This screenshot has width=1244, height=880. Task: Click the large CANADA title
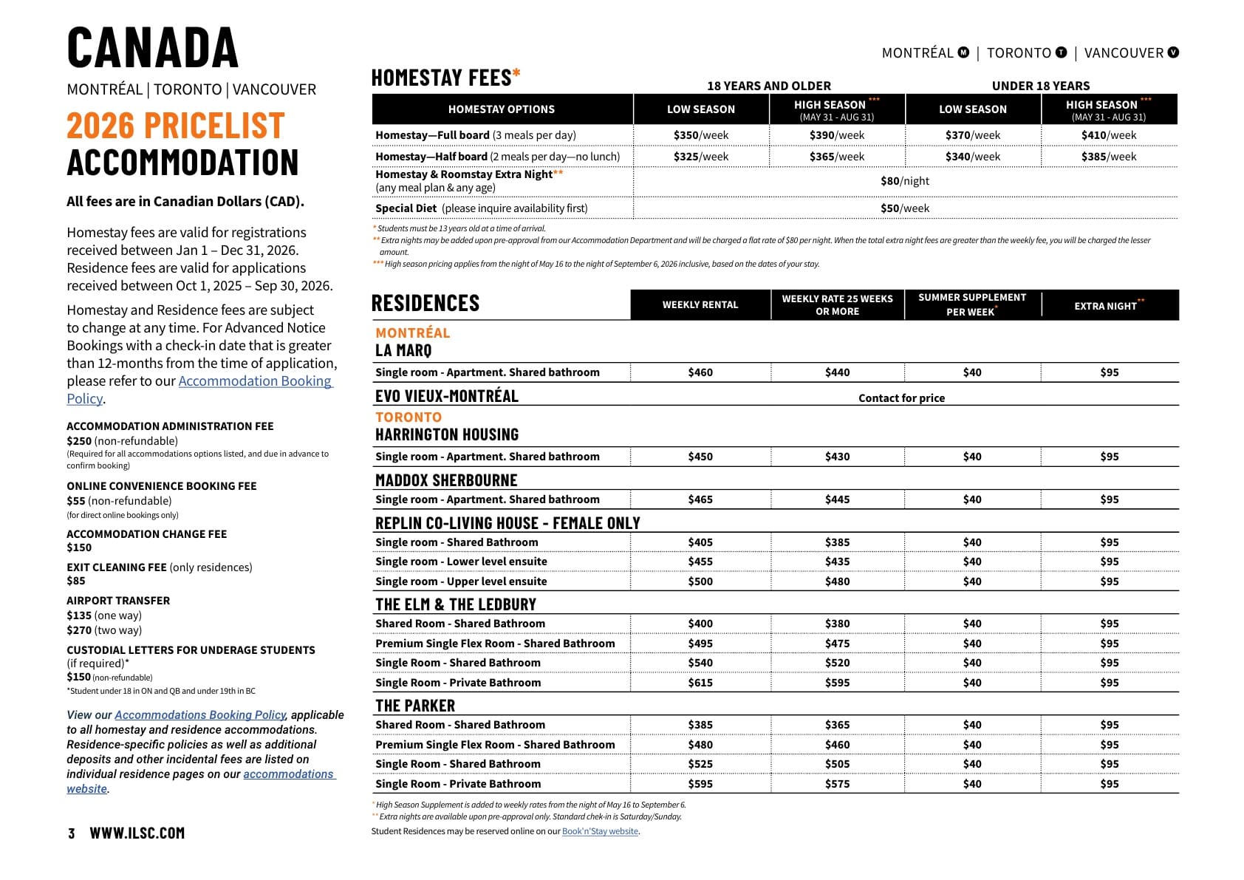(x=153, y=48)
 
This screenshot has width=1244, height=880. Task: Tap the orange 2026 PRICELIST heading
(x=176, y=126)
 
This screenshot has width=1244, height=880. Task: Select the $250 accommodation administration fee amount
(x=78, y=441)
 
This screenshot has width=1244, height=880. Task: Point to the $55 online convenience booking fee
(x=76, y=501)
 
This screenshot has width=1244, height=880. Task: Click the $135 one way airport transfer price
(x=79, y=615)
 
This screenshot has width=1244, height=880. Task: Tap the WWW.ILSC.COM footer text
(x=137, y=833)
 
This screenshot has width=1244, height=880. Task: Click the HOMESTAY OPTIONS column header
(x=501, y=109)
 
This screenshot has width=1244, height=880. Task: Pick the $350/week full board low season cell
(x=700, y=135)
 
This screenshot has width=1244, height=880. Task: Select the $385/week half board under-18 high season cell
(x=1108, y=157)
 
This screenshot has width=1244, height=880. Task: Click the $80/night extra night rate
(x=904, y=181)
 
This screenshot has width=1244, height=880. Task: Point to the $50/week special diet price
(x=904, y=208)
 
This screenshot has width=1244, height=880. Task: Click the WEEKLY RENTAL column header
(x=700, y=305)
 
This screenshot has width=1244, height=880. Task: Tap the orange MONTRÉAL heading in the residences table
(x=412, y=333)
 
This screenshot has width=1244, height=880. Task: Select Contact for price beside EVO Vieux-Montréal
(x=901, y=398)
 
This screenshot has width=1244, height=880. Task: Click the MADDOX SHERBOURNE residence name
(x=446, y=480)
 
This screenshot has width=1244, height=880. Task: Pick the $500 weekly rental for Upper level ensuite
(x=700, y=581)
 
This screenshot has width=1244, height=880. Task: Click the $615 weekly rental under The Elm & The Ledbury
(x=700, y=683)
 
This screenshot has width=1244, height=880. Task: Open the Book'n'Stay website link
(x=600, y=831)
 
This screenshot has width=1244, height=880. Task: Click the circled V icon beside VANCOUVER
(x=1173, y=52)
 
